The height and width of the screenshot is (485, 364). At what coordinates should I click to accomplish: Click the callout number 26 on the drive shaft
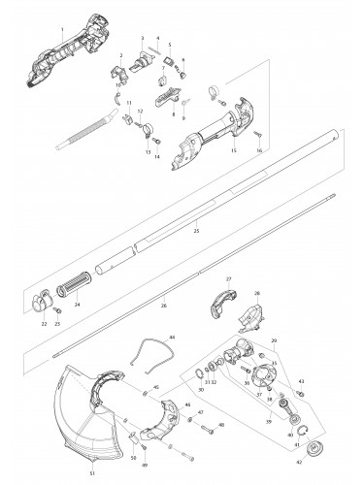click(x=164, y=306)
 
